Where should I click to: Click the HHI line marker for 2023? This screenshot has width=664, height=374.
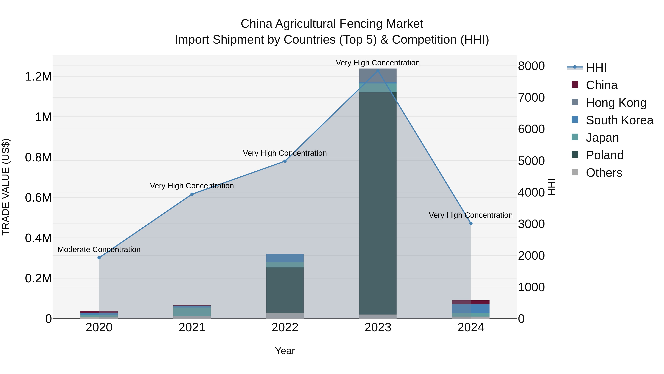378,71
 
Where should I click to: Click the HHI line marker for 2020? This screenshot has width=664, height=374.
99,258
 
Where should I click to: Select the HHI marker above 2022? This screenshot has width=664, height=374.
285,161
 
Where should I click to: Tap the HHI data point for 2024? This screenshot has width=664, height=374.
471,223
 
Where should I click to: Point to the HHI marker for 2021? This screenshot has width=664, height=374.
192,194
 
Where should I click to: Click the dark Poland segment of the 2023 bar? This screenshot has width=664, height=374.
378,204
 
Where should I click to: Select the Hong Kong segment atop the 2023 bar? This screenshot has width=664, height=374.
378,75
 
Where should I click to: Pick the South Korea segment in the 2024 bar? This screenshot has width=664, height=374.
471,308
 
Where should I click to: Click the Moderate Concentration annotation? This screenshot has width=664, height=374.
99,250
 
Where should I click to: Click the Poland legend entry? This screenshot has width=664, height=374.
604,155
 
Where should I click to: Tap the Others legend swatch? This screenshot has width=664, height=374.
575,172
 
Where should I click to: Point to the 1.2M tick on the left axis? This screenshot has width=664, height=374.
38,77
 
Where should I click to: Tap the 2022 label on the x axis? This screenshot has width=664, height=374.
285,327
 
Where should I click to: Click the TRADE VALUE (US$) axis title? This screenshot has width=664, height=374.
6,187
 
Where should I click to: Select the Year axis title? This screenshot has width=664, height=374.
285,351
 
